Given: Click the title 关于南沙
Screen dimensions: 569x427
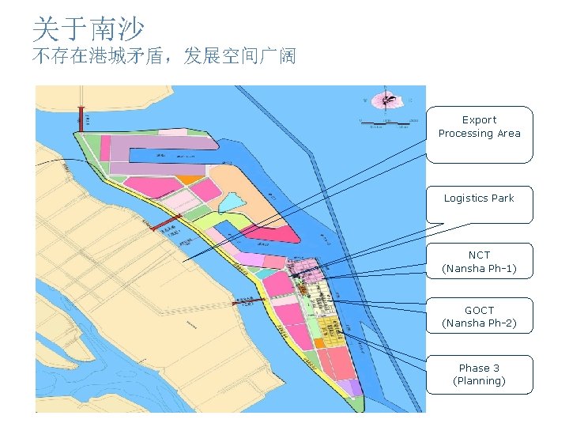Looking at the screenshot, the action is [88, 29].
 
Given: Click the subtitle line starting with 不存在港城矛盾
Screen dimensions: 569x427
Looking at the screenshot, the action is [164, 57].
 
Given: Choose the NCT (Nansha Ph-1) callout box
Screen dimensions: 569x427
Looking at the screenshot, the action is [479, 261].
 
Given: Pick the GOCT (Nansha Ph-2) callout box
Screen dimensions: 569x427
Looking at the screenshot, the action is [479, 316].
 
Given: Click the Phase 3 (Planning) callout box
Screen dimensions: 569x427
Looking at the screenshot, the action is [479, 374].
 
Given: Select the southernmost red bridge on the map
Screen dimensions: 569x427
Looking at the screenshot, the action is [247, 300].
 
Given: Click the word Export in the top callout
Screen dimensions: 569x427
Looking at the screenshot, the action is [479, 120].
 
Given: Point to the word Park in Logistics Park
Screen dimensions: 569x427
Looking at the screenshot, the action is [501, 198].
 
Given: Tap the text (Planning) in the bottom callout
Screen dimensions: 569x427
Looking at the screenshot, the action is [479, 381].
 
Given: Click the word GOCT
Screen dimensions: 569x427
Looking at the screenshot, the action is [479, 311].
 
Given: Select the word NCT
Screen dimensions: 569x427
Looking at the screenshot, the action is [479, 255].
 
